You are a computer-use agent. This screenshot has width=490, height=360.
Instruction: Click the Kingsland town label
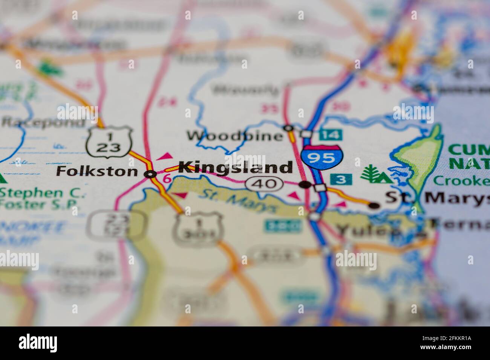235,168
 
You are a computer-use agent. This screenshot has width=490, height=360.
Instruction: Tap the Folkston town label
97,172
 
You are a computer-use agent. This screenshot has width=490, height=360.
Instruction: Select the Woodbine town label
235,136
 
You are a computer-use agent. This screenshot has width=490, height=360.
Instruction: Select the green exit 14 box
331,134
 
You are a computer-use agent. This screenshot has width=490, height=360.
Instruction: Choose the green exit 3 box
341,179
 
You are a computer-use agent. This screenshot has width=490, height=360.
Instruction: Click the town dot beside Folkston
151,174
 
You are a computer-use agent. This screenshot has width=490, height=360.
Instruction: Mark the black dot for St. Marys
374,205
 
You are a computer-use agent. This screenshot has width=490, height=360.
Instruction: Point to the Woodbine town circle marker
289,128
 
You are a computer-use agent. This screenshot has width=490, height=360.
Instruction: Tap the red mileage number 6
167,179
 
